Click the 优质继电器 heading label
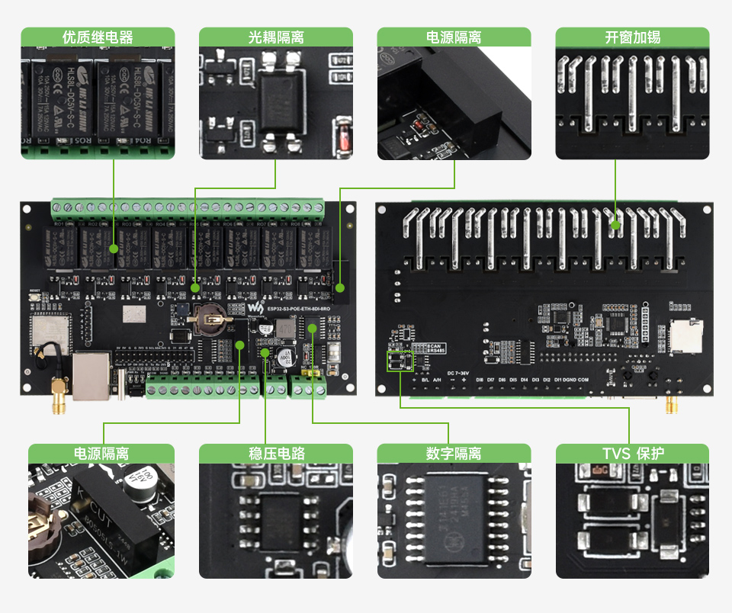pyautogui.click(x=98, y=37)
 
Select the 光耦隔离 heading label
pyautogui.click(x=276, y=37)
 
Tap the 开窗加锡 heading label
pyautogui.click(x=632, y=37)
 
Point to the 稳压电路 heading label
pyautogui.click(x=276, y=454)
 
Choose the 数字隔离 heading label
pyautogui.click(x=454, y=454)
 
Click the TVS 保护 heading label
pyautogui.click(x=632, y=454)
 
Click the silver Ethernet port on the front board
pyautogui.click(x=91, y=375)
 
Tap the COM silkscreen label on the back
pyautogui.click(x=583, y=380)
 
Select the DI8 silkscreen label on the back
pyautogui.click(x=480, y=380)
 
